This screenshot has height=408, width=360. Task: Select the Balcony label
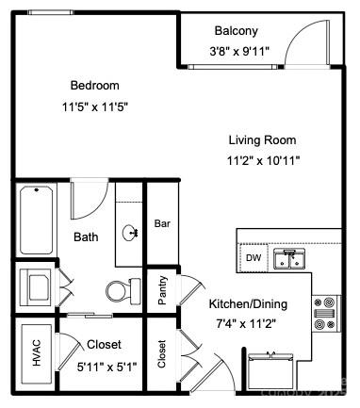[237, 30]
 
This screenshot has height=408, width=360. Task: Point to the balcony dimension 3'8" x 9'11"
[239, 52]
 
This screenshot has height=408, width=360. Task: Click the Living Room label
[263, 140]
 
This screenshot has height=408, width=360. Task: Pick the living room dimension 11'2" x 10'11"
[263, 160]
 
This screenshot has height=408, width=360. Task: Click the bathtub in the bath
[37, 221]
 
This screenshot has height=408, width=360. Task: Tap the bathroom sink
[130, 232]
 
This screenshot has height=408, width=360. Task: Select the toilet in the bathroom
[119, 290]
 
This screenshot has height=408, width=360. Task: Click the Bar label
[162, 224]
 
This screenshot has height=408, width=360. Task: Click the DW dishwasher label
[253, 257]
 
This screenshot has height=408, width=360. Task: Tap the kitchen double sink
[288, 257]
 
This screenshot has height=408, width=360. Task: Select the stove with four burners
[326, 314]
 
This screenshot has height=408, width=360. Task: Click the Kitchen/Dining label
[247, 305]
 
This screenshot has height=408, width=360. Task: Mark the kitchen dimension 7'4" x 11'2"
[247, 325]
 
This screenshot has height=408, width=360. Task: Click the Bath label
[86, 237]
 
